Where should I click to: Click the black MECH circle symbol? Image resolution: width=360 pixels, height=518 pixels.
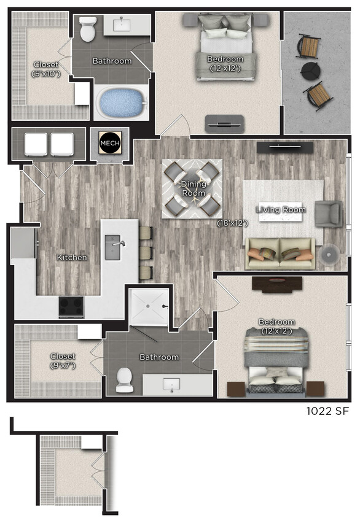110,144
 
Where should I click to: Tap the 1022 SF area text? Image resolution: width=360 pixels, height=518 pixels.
328,411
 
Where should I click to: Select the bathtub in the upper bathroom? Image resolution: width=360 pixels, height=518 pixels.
120,103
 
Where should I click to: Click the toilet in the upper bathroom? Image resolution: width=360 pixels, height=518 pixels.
88,26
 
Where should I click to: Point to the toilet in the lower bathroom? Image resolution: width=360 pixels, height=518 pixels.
125,380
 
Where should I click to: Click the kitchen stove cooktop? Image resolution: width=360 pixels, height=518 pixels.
71,306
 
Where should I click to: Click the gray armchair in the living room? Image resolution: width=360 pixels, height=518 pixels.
328,213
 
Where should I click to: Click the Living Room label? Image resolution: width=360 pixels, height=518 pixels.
281,210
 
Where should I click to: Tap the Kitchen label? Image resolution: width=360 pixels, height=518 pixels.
72,258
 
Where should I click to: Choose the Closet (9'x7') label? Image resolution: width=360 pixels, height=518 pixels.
63,361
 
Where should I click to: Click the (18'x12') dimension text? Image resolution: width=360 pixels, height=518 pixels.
231,223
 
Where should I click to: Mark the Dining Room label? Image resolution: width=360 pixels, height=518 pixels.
193,188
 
